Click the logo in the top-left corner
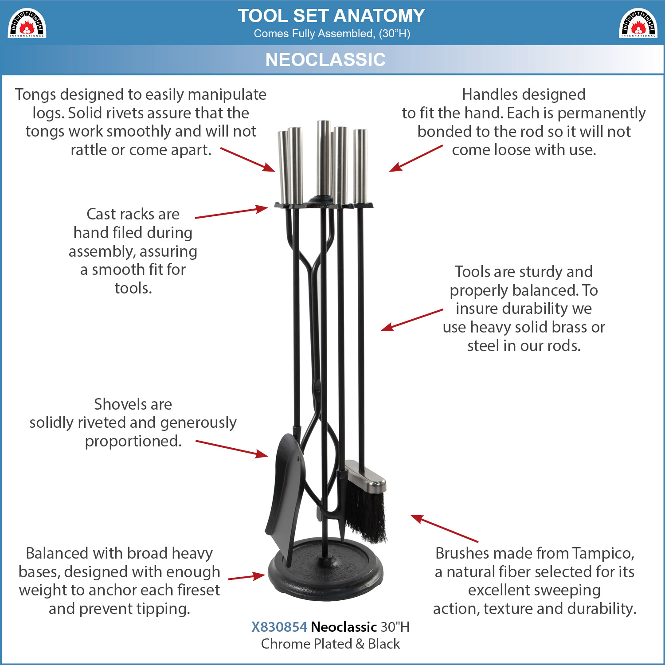point(27,23)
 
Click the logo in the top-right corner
point(638,23)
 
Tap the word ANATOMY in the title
point(379,16)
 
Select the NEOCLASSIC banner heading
point(325,59)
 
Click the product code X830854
point(279,627)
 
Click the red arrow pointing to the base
point(246,577)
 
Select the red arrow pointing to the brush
point(444,528)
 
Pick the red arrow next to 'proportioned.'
point(232,449)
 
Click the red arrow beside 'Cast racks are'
point(231,212)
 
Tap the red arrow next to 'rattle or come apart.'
point(248,160)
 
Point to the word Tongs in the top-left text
point(35,95)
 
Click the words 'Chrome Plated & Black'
point(330,644)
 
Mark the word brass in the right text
point(570,327)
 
